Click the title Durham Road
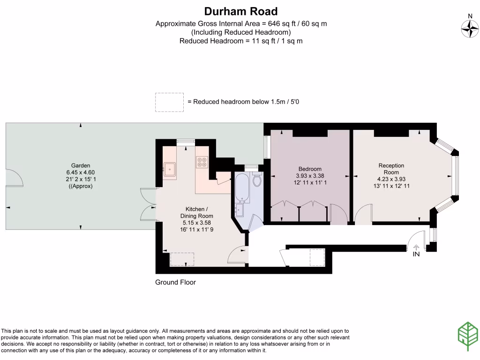[x=241, y=11]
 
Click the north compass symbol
[x=469, y=29]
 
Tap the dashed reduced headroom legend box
[x=169, y=102]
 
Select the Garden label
[x=81, y=165]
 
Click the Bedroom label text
[x=310, y=169]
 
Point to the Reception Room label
[x=391, y=169]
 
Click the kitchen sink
[x=170, y=169]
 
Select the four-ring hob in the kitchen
[x=202, y=162]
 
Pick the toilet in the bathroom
[x=257, y=180]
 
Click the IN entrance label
[x=416, y=255]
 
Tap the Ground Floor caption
[x=175, y=282]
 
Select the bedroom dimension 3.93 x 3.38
[x=310, y=176]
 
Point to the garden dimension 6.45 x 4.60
[x=81, y=172]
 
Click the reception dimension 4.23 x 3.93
[x=391, y=179]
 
